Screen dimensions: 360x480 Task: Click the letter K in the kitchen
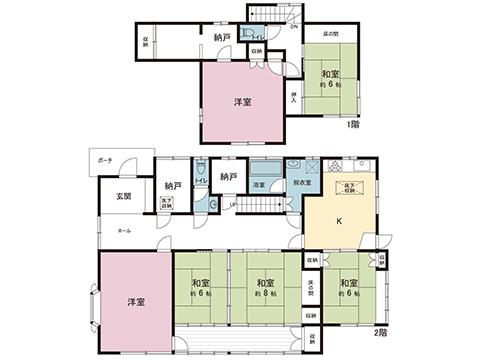coord(338,222)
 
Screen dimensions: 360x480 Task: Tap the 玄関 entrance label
coord(124,195)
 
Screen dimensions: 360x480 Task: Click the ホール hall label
coord(124,231)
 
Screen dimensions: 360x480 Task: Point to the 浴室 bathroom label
coord(258,185)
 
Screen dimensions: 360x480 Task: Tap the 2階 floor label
coord(381,331)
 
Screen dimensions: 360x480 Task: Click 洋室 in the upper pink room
coord(243,102)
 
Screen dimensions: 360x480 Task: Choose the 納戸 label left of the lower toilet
coord(173,185)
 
